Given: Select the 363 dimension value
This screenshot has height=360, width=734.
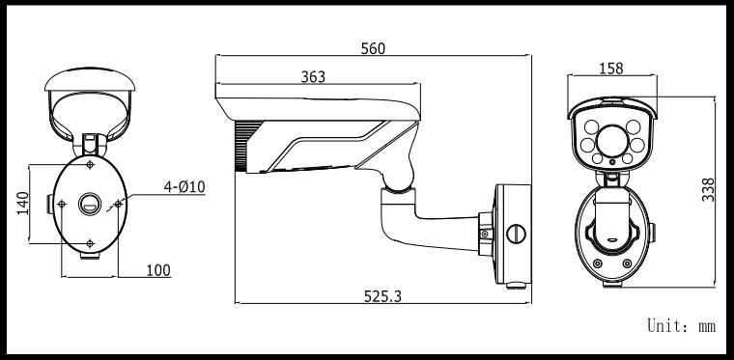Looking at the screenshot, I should [312, 76].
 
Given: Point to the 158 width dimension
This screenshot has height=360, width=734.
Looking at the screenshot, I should [611, 69].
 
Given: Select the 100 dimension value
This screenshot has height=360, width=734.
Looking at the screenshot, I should [158, 271].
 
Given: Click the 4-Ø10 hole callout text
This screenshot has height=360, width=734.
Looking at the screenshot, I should [183, 185].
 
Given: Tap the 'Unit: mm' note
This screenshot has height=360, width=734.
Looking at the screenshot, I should [681, 327].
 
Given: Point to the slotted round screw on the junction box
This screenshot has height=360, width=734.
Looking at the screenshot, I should [516, 233].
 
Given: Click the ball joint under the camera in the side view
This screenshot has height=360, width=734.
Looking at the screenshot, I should [399, 177].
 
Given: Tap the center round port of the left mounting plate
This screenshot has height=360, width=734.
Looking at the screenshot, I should [90, 204].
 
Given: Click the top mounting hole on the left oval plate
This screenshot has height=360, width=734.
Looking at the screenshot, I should [90, 165].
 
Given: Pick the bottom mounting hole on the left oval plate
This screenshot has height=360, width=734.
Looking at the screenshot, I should [90, 242].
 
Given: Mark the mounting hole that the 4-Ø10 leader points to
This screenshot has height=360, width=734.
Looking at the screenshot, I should [119, 204].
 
